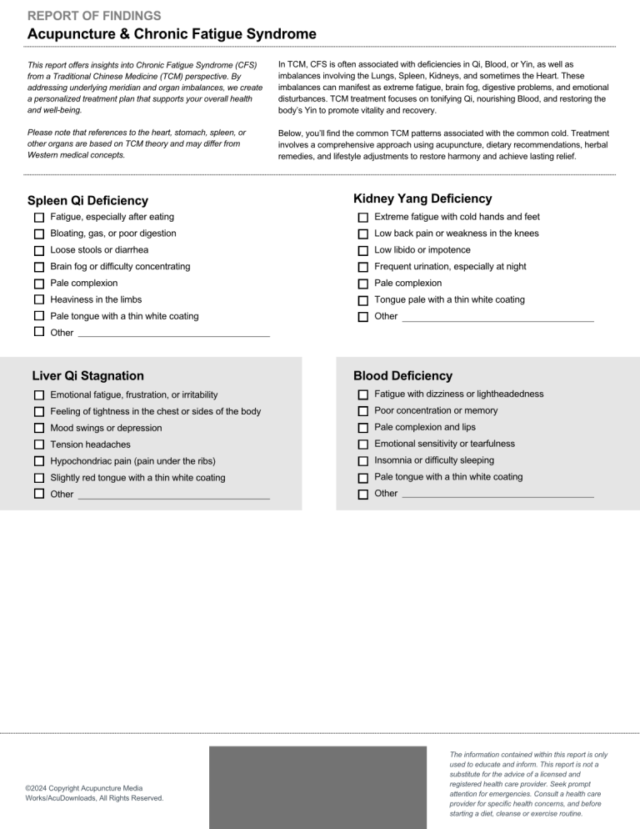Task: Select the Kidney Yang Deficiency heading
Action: [422, 198]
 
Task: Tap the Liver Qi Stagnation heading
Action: [87, 376]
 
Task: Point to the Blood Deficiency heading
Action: [402, 376]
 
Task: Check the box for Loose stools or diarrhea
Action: [39, 250]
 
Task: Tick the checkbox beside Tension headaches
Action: [39, 445]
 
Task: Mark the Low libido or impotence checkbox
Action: [362, 250]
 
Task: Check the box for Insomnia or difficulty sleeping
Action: [362, 461]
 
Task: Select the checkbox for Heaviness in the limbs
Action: [39, 300]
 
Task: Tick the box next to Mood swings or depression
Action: [39, 428]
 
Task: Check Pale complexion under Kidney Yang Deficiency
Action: [362, 284]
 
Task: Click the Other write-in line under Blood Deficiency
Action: [497, 496]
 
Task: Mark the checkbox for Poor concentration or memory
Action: [362, 411]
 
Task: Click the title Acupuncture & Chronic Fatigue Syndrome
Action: [171, 34]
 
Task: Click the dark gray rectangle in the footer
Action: [320, 787]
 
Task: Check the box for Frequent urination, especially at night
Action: [362, 267]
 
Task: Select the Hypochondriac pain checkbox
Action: [39, 461]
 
